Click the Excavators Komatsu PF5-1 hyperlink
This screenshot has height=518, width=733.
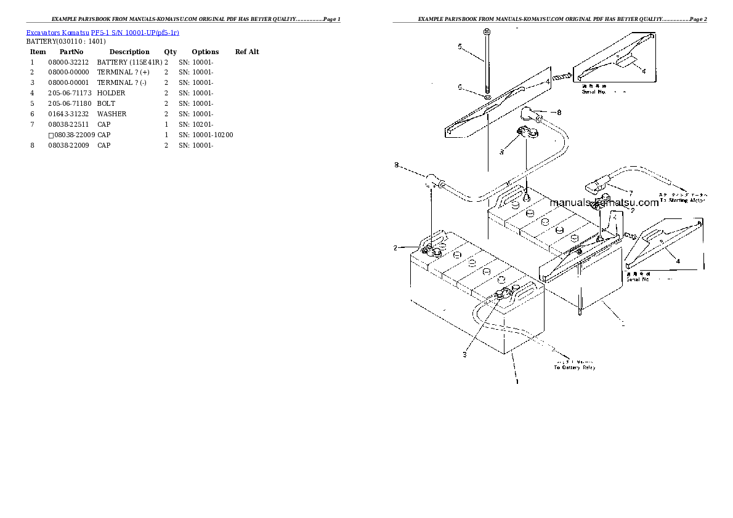[102, 32]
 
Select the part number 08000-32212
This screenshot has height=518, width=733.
[68, 62]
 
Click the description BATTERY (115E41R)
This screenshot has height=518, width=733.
[129, 62]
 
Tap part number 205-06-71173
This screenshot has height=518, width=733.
[68, 93]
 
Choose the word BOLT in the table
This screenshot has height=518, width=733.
[106, 103]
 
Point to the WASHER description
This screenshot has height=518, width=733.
[111, 114]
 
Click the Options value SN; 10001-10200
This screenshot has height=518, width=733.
[206, 135]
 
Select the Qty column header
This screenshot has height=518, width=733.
[170, 52]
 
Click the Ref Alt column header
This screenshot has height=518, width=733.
[247, 52]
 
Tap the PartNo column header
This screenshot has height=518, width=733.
[71, 52]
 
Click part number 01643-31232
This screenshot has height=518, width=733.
[68, 114]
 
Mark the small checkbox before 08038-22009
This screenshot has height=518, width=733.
[51, 135]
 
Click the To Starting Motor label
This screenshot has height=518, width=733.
[683, 200]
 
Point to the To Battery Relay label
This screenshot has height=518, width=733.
[575, 367]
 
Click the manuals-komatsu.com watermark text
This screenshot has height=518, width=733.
[604, 202]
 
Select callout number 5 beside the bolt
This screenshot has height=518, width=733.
[460, 46]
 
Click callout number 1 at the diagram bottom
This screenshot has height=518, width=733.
[517, 381]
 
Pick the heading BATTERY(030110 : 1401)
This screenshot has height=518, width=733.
[66, 41]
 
